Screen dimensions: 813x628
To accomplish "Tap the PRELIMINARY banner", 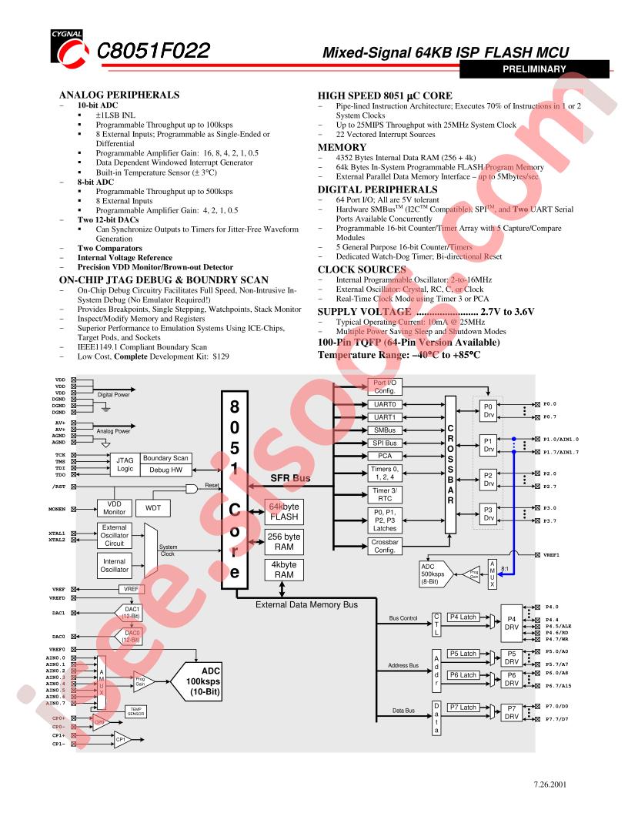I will (x=533, y=69).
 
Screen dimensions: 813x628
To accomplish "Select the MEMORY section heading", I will (x=342, y=147).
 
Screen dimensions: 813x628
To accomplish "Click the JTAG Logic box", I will (x=125, y=463).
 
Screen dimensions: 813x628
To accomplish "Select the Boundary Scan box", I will (x=165, y=458).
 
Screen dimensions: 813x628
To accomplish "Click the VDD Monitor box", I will (x=114, y=508).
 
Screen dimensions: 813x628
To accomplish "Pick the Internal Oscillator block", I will (x=114, y=566).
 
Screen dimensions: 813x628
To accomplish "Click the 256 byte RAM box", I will (x=283, y=542).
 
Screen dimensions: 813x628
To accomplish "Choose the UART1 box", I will (x=384, y=417).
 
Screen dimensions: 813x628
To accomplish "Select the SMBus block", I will (x=384, y=430).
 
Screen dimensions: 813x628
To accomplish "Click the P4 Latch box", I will (x=463, y=617).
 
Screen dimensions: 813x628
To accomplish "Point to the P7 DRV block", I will (x=511, y=711).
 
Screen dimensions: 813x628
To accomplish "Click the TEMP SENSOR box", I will (x=135, y=711).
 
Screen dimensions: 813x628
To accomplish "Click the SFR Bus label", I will (x=290, y=478).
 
